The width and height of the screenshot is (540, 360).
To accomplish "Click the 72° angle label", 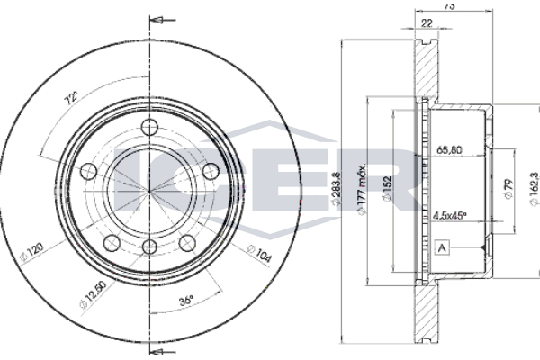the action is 71,98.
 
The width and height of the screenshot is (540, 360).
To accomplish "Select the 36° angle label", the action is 186,301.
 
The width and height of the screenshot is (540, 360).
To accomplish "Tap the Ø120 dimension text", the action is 31,253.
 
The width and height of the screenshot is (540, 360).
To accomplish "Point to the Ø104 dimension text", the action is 260,254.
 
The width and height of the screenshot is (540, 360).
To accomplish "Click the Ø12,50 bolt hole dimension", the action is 93,295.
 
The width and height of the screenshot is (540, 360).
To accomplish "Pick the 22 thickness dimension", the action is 427,23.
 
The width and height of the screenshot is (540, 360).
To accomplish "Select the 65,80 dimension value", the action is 449,150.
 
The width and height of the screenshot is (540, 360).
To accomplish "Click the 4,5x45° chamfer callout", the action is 449,216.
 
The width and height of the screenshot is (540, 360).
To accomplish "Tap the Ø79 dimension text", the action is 508,189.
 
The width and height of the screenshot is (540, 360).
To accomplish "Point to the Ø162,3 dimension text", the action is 534,189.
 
